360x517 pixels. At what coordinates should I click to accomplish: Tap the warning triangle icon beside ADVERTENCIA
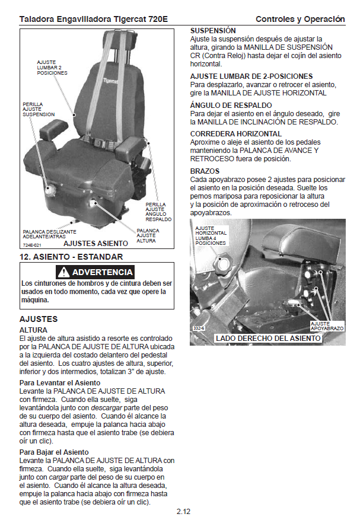coord(63,272)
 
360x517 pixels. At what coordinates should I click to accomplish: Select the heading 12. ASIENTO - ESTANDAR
coord(71,257)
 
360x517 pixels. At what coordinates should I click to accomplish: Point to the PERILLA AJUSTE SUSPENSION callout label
coord(39,109)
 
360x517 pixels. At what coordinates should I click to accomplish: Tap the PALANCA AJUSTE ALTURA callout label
coord(148,236)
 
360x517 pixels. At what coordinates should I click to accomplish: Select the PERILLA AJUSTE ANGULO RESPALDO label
coord(158,212)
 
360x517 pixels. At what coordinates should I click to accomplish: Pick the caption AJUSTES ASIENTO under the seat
coord(95,243)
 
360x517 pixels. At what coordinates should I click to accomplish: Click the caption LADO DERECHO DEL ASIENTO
coord(268,339)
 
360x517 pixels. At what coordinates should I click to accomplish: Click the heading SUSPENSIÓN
coord(213,30)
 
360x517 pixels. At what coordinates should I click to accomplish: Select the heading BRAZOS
coord(204,171)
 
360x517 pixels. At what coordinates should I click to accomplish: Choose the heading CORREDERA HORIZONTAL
coord(236,134)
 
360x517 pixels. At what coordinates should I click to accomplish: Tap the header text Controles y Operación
coord(300,19)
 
